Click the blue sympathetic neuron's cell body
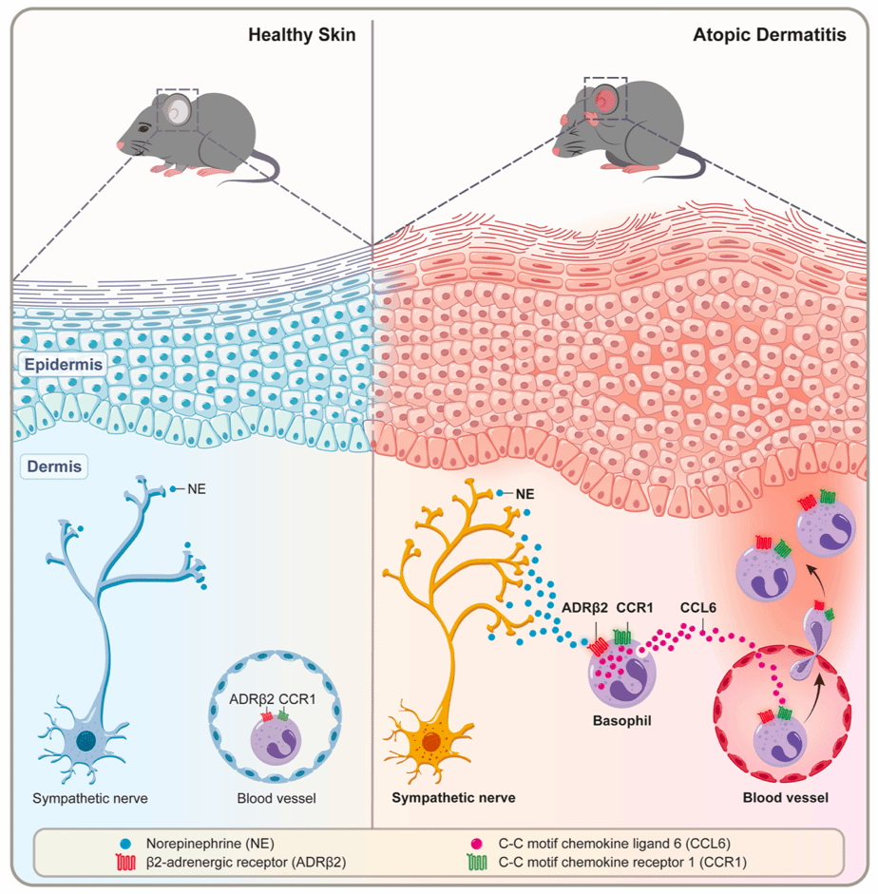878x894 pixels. tap(86, 740)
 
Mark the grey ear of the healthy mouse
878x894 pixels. tap(176, 113)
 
